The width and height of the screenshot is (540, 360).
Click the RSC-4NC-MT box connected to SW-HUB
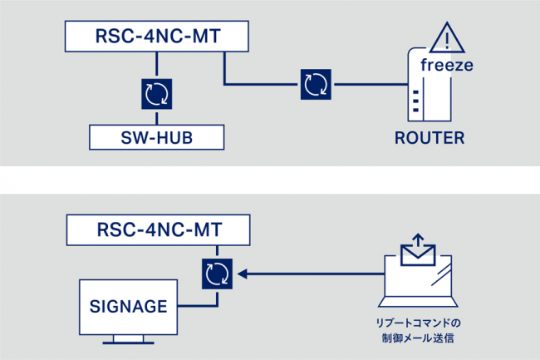click(x=155, y=37)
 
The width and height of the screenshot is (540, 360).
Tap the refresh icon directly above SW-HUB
click(x=155, y=93)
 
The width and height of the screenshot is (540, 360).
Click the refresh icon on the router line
click(x=315, y=84)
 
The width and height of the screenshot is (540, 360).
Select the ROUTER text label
click(x=430, y=137)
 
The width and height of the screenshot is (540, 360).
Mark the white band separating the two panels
click(x=270, y=180)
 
